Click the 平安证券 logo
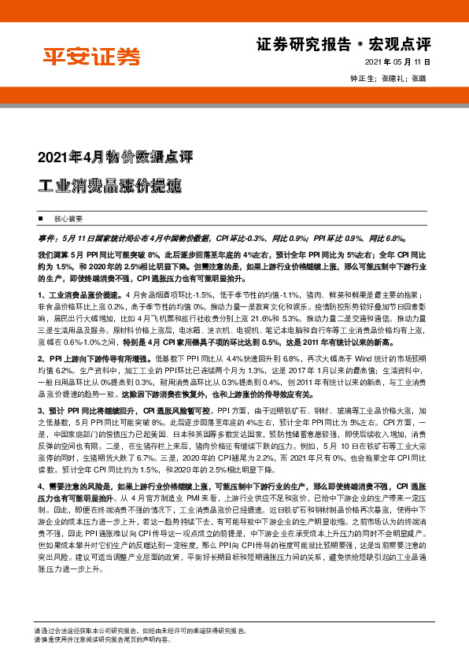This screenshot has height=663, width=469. [x=91, y=57]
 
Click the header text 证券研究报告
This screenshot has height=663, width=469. [x=304, y=44]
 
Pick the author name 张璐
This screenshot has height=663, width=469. [x=419, y=79]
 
